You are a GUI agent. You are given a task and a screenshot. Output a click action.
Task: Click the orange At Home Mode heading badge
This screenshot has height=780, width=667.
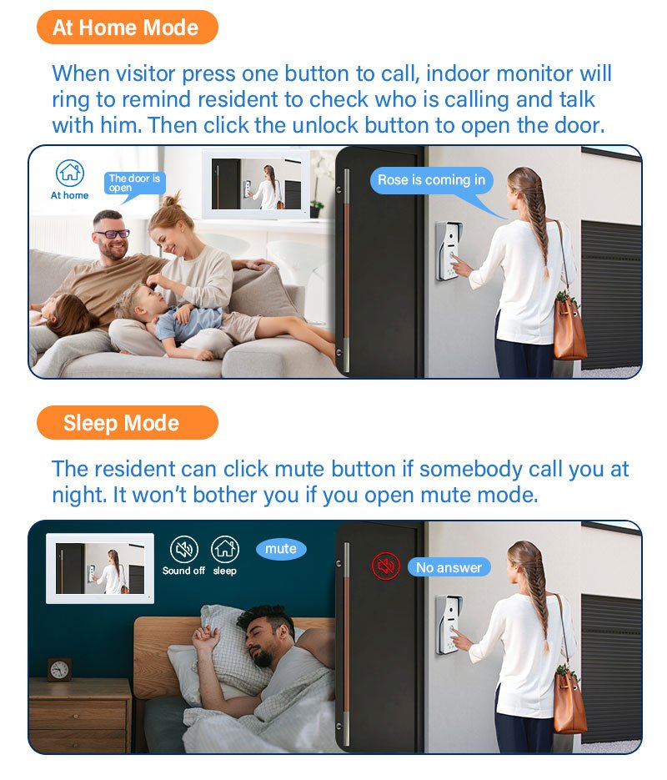tap(128, 28)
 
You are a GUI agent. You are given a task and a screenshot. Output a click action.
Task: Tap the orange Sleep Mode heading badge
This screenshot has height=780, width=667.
tap(128, 422)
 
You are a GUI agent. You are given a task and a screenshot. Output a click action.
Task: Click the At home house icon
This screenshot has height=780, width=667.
tap(69, 173)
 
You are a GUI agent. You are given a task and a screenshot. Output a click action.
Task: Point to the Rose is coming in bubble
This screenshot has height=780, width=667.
tap(431, 180)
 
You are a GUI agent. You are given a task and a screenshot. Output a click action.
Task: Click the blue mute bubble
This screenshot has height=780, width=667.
tap(281, 549)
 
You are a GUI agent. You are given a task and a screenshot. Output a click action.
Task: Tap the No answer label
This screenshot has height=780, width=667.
tap(449, 567)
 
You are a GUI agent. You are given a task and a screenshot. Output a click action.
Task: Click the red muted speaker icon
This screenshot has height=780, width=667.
tap(386, 566)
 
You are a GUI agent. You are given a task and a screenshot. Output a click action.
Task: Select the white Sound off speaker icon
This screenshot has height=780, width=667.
tap(184, 549)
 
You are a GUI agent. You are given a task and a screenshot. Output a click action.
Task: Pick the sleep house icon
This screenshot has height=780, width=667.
tap(225, 549)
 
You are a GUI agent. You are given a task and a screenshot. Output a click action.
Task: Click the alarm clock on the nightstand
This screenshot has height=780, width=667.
tap(60, 670)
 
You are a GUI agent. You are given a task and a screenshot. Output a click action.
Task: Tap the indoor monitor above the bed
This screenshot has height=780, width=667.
tap(100, 568)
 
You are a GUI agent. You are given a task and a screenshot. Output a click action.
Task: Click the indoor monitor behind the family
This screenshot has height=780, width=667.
tap(256, 184)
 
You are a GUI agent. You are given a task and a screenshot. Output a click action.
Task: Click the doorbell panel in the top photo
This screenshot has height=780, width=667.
tap(449, 251)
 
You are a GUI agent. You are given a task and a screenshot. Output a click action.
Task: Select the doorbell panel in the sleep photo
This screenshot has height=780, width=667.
tap(449, 625)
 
